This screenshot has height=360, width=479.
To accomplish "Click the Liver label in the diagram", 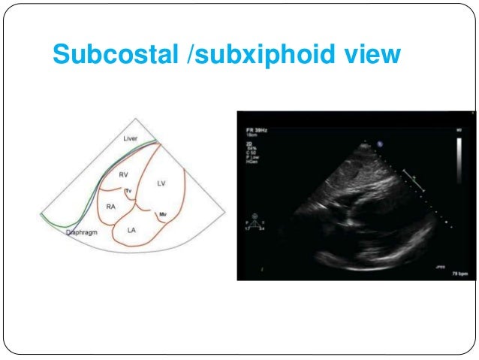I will coord(131,139).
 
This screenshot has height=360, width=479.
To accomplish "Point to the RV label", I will coord(123,174).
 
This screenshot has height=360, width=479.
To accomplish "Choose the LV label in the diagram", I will coord(161,183).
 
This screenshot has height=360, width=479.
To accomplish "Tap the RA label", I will coord(110,205).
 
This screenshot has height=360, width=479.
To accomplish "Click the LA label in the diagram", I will coord(131,229).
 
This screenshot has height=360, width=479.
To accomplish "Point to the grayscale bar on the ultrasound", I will coord(460,160).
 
